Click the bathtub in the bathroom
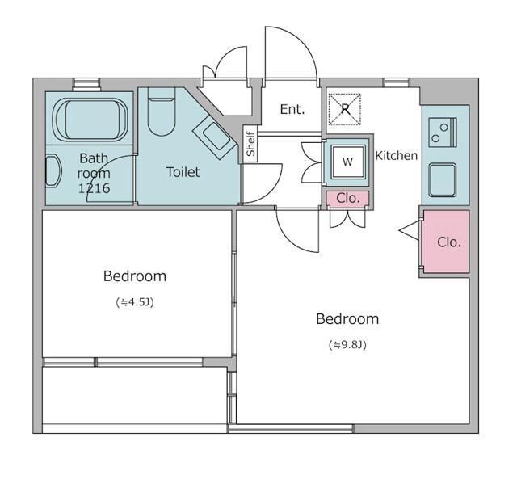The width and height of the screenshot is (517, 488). pos(90,120)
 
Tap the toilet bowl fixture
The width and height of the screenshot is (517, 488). pos(161,111)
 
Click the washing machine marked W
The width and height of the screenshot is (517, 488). pos(348,162)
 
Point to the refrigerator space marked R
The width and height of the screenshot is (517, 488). pos(345,109)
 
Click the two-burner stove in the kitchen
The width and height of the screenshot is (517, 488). pos(443,133)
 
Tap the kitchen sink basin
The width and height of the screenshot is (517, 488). pos(443,180)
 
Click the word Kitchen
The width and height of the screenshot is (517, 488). pos(397,155)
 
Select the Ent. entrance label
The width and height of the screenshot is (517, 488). pos(292,109)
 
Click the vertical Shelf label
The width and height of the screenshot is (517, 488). pos(251,144)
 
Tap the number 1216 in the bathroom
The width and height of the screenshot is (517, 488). pos(94,188)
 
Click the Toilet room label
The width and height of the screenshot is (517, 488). pos(183,172)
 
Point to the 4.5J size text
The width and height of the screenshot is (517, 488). pos(135,302)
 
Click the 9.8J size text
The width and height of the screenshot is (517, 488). pos(347,345)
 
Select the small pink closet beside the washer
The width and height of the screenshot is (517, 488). pos(348,198)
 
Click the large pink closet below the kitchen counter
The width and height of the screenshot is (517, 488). pos(447,242)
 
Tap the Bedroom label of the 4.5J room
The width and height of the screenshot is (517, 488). pos(135,276)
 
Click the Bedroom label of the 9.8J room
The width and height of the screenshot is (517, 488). pos(347,319)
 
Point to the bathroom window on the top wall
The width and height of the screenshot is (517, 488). pos(86,84)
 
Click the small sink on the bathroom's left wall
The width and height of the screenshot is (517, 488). pos(53,171)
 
